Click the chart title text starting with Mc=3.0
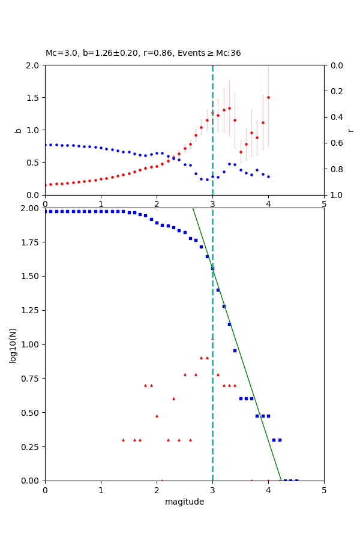(x=143, y=53)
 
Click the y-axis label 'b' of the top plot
(x=18, y=130)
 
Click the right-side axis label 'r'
(x=351, y=130)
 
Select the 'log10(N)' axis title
(x=13, y=344)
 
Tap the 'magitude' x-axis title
(x=184, y=502)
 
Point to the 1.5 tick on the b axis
(x=32, y=98)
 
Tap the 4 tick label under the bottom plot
(x=268, y=489)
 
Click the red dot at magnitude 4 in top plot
(x=268, y=97)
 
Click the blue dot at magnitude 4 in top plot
(x=268, y=176)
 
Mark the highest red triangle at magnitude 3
(x=212, y=338)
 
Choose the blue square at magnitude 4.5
(x=296, y=480)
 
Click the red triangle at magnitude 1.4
(x=123, y=440)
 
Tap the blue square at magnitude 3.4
(x=235, y=350)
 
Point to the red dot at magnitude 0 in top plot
(x=45, y=185)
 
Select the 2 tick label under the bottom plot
(x=157, y=489)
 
